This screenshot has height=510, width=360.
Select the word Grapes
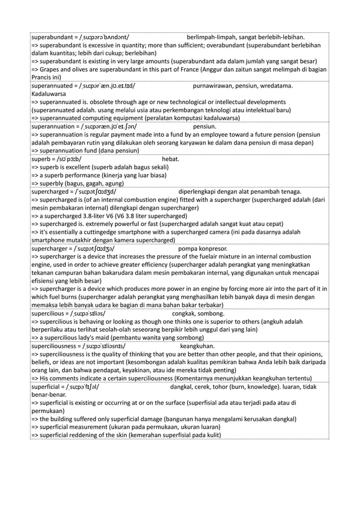(52, 69)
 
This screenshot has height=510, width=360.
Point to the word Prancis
(41, 77)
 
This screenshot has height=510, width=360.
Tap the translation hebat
(170, 159)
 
